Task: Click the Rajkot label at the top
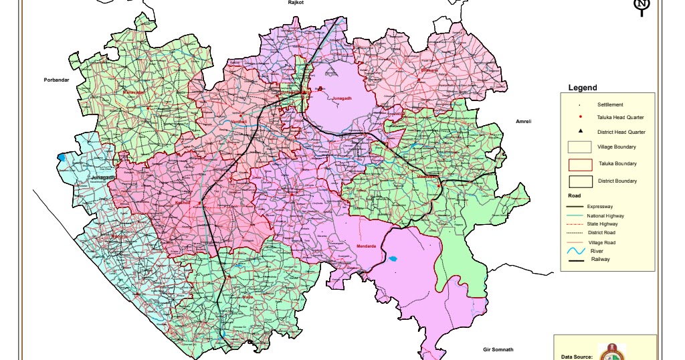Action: tap(296, 3)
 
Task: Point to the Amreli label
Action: tap(523, 121)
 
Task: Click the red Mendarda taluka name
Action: tap(367, 246)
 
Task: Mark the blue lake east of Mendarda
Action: tap(393, 258)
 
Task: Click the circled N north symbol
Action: tap(642, 7)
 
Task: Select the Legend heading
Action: tap(582, 88)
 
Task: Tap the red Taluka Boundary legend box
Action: tap(580, 165)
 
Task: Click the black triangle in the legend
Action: tap(580, 131)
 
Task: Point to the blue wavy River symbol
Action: tap(576, 251)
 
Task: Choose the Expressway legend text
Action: tap(600, 207)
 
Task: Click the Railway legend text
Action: tap(600, 259)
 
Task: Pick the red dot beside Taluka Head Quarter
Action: tap(580, 117)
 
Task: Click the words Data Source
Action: tap(577, 357)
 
